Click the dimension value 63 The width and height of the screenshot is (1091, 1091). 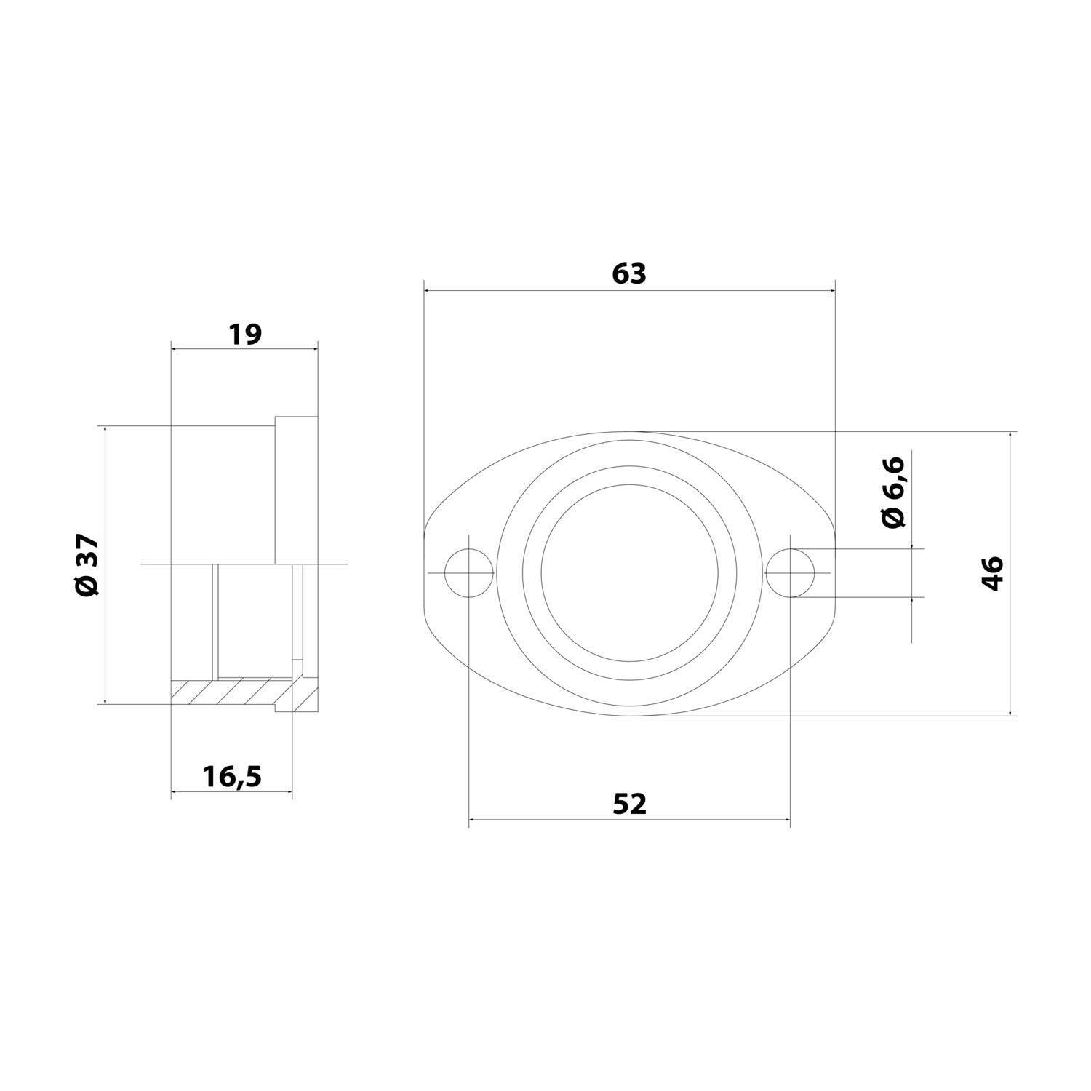pyautogui.click(x=629, y=273)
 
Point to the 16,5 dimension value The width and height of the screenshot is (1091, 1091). pyautogui.click(x=232, y=777)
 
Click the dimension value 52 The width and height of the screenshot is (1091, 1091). pyautogui.click(x=629, y=804)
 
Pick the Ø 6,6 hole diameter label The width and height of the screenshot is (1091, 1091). pyautogui.click(x=892, y=492)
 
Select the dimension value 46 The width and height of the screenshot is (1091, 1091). pyautogui.click(x=993, y=573)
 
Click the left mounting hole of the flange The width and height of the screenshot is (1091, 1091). pyautogui.click(x=469, y=573)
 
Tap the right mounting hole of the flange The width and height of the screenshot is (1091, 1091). pyautogui.click(x=791, y=573)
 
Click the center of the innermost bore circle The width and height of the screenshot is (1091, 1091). pyautogui.click(x=629, y=573)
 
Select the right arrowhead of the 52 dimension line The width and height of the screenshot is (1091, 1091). pyautogui.click(x=786, y=821)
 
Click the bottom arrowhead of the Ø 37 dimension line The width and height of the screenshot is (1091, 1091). pyautogui.click(x=105, y=700)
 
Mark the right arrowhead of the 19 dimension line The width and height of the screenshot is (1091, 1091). pyautogui.click(x=314, y=349)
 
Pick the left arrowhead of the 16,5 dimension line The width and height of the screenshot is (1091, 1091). pyautogui.click(x=175, y=791)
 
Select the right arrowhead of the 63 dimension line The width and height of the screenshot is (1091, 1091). pyautogui.click(x=831, y=291)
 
